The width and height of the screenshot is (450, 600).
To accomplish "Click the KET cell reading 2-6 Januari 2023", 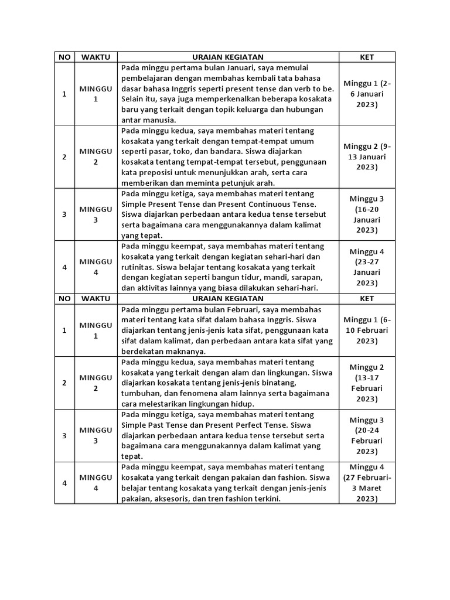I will point(367,94).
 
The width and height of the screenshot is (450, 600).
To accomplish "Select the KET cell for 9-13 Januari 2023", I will point(367,156).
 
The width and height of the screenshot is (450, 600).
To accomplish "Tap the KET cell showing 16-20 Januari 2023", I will point(367,214).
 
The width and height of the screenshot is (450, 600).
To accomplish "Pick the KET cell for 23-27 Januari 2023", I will point(367,267).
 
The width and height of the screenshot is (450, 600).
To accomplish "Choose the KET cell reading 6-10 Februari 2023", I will point(367,330).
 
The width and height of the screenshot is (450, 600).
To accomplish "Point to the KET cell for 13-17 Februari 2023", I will point(367,383).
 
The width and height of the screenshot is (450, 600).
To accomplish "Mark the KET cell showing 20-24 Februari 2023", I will point(367,435).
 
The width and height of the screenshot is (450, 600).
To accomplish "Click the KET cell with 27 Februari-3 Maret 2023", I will point(367,483).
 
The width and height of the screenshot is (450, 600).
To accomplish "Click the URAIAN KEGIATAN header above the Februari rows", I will point(229,299).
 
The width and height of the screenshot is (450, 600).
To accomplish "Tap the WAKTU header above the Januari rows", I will point(96,57).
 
